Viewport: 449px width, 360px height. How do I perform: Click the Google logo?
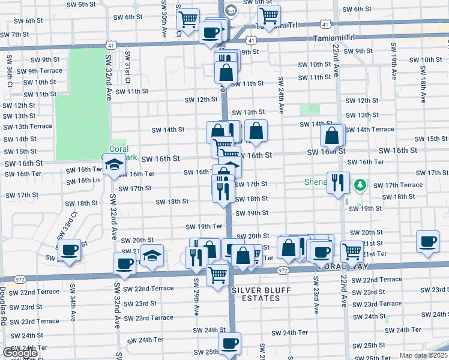click(20, 353)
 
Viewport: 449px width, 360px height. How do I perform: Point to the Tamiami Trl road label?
click(334, 37)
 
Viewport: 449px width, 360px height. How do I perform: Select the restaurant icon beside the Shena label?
click(338, 182)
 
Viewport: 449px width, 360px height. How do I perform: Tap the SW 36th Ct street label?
click(10, 73)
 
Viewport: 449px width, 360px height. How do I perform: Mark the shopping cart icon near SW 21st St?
click(351, 250)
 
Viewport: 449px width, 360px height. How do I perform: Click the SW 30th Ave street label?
click(164, 18)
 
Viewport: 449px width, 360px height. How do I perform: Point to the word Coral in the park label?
click(119, 149)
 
